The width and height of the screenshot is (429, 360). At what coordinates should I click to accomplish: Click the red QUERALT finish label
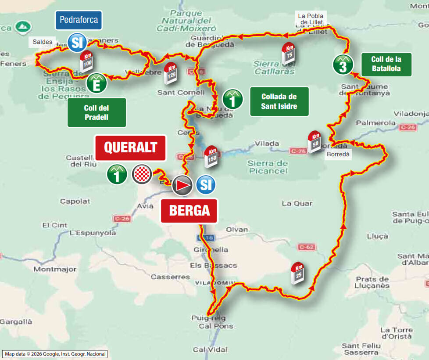(x=130, y=148)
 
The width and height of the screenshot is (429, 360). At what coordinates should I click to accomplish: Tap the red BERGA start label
(x=189, y=211)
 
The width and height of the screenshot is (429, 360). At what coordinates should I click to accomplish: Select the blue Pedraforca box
(x=79, y=20)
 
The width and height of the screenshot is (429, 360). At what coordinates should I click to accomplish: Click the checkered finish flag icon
(x=142, y=174)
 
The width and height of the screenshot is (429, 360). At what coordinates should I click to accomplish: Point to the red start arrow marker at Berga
(x=182, y=186)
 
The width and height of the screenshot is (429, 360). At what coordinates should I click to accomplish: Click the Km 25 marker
(x=298, y=273)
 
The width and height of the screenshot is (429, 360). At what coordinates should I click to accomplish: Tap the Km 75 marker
(x=289, y=53)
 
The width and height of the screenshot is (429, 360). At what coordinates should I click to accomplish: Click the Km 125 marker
(x=170, y=73)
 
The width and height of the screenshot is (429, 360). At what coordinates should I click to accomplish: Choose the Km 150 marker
(x=211, y=156)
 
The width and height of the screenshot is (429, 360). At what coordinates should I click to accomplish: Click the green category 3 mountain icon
(x=343, y=65)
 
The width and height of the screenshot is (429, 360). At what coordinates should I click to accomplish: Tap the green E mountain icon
(x=96, y=83)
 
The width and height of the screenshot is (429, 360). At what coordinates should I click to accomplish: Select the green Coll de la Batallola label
(x=386, y=65)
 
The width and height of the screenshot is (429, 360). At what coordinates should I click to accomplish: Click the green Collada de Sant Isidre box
(x=279, y=101)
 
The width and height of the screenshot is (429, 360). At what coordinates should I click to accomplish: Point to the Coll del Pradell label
(x=97, y=112)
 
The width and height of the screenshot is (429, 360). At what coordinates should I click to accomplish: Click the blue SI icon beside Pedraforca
(x=76, y=43)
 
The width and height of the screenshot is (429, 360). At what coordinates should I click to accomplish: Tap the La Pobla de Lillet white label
(x=310, y=19)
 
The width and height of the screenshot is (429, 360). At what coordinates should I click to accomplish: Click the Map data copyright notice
(x=55, y=354)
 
